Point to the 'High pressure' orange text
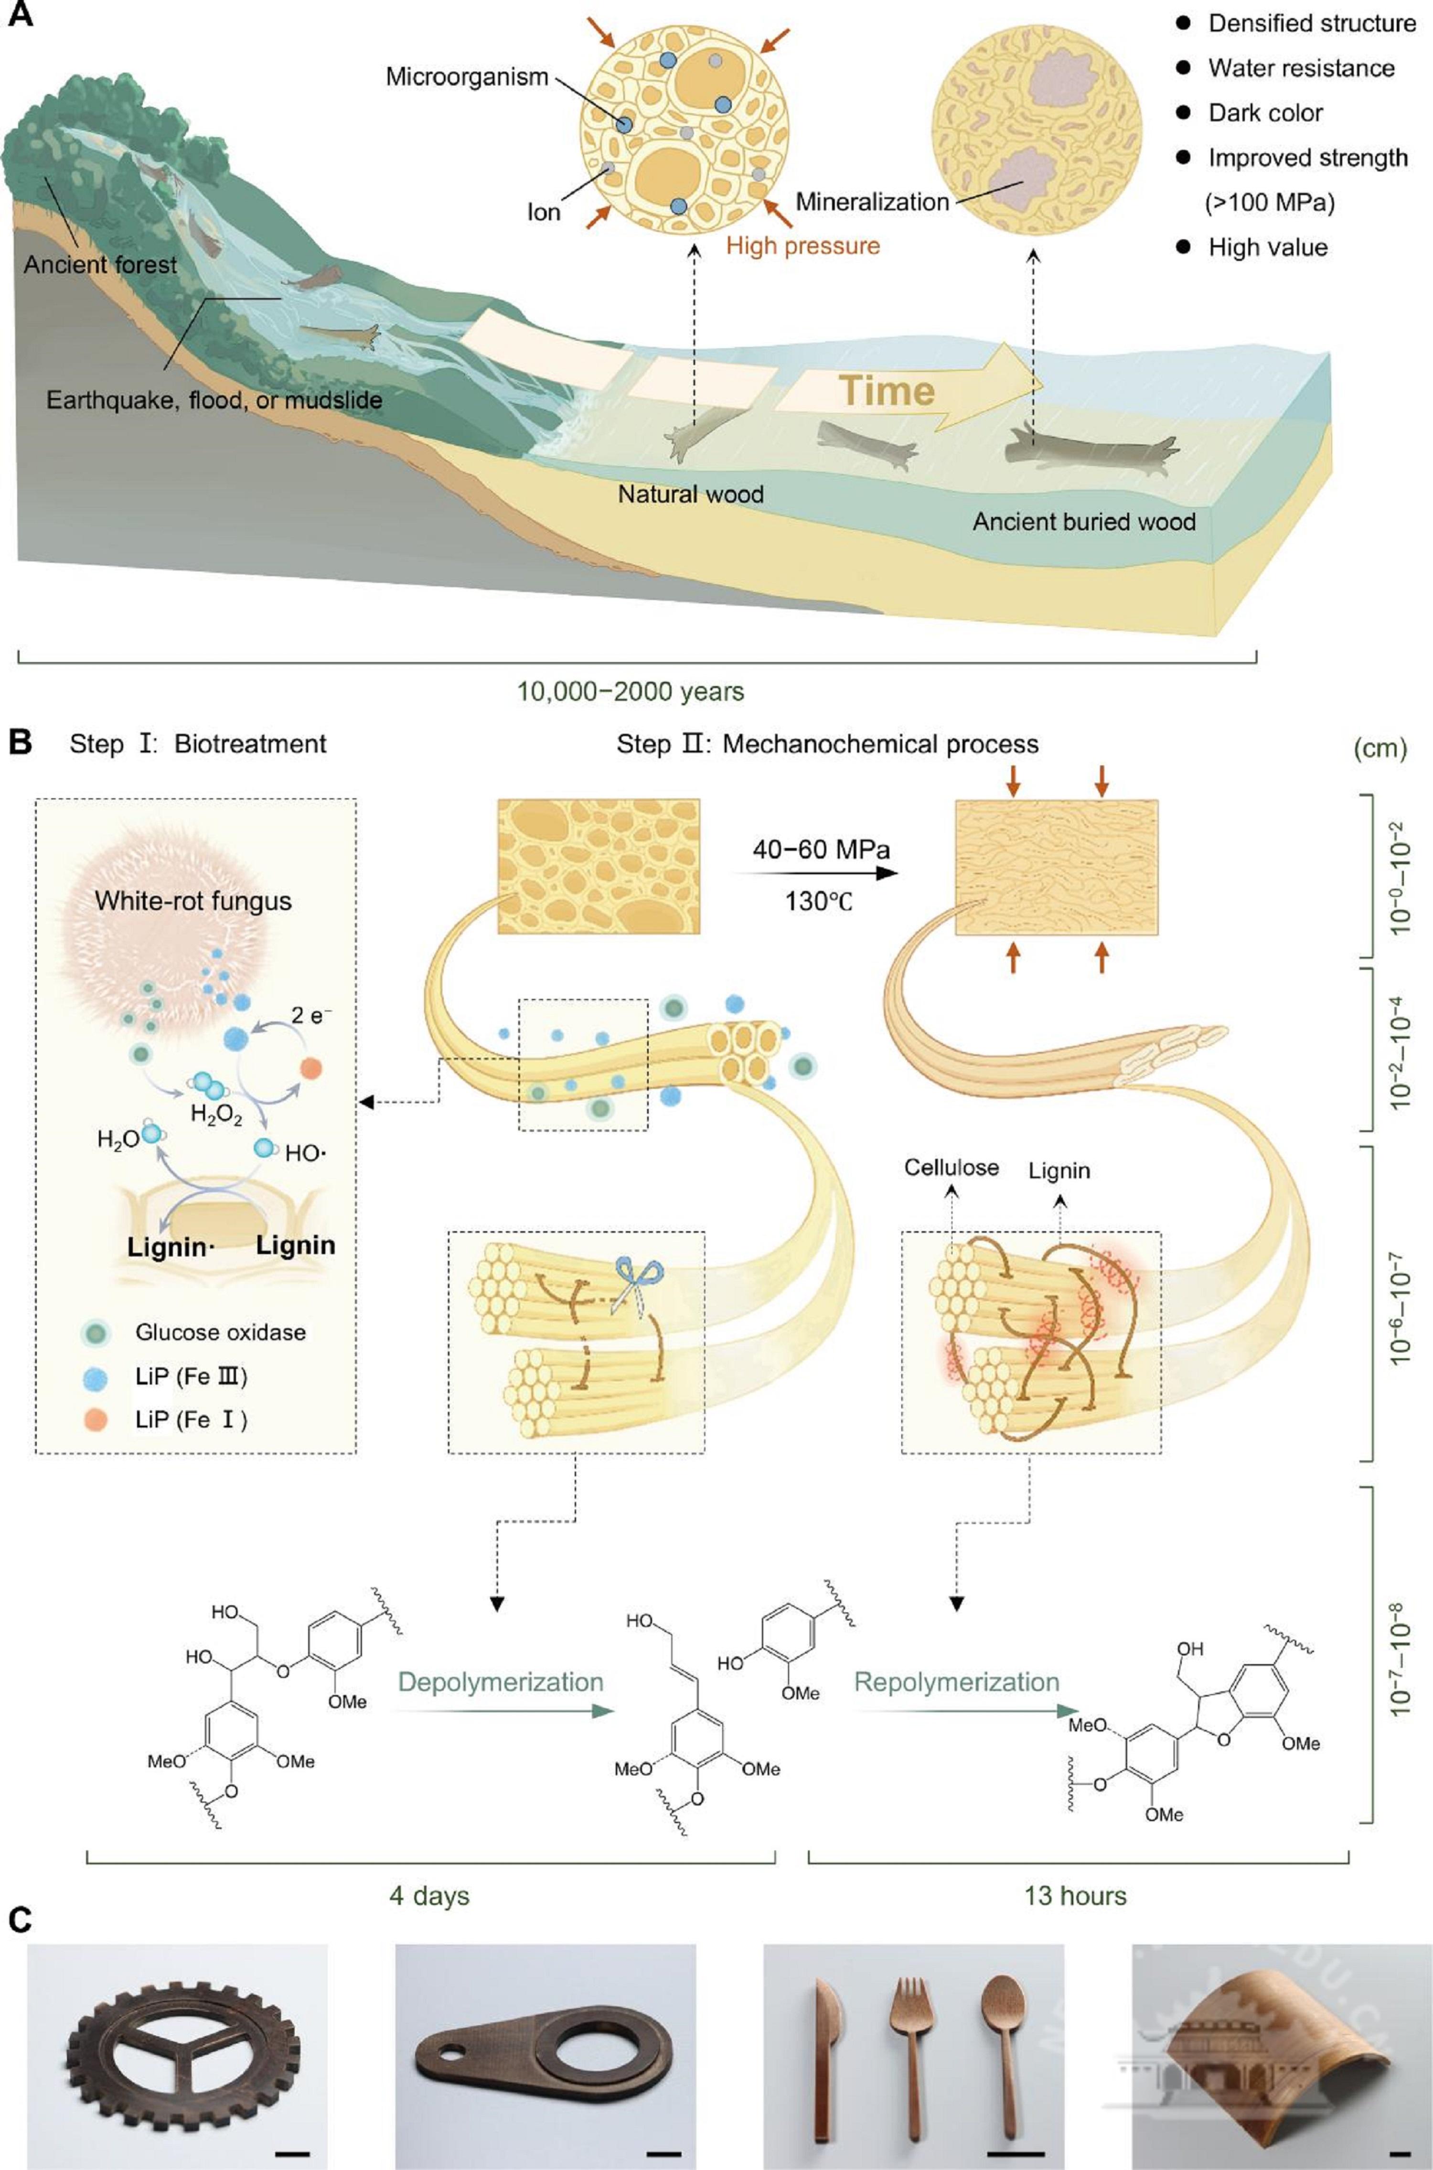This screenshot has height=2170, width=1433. coord(802,246)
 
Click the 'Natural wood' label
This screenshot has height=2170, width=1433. coord(690,494)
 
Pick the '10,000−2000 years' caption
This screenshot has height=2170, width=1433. coord(631,691)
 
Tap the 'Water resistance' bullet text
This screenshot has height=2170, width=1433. coord(1301,68)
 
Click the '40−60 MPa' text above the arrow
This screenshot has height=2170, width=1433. coord(821,849)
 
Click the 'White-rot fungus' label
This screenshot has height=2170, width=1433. coord(193,901)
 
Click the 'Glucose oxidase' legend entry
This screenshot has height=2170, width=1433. coord(220,1332)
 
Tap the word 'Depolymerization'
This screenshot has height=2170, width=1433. coord(501,1682)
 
